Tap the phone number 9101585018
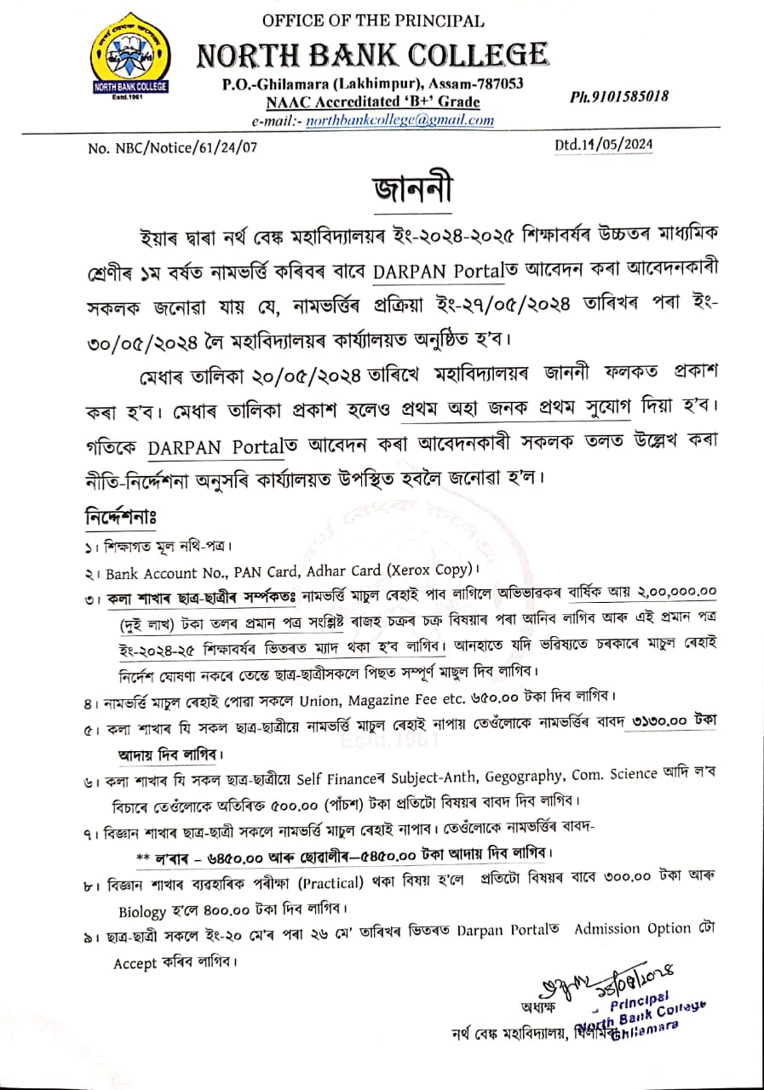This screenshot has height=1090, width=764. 619,97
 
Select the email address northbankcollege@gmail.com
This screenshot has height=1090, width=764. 399,120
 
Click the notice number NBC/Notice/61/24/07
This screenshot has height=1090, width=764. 172,147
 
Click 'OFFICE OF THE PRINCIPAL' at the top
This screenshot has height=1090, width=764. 373,20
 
